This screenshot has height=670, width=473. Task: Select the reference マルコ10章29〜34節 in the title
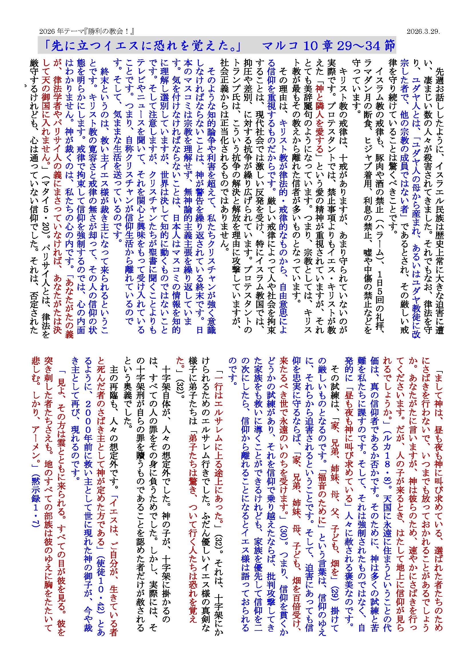pyautogui.click(x=328, y=46)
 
